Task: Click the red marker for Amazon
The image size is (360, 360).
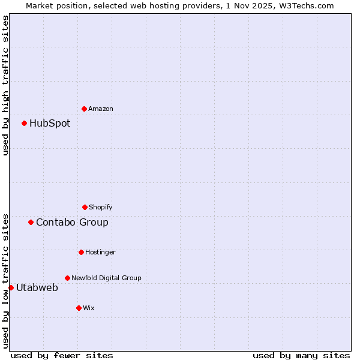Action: pyautogui.click(x=84, y=109)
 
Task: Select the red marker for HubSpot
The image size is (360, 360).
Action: pyautogui.click(x=25, y=124)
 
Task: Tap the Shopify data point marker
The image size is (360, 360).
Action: pyautogui.click(x=85, y=207)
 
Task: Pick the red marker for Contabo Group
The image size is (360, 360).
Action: pyautogui.click(x=31, y=222)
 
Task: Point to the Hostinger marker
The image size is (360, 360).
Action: pyautogui.click(x=81, y=252)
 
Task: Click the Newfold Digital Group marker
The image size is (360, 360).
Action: pyautogui.click(x=67, y=278)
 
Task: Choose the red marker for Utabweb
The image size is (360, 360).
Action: pyautogui.click(x=11, y=287)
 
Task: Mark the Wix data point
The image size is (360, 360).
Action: pyautogui.click(x=79, y=308)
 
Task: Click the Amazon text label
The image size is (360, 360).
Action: pyautogui.click(x=101, y=109)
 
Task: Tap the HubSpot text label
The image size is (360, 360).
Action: pyautogui.click(x=50, y=124)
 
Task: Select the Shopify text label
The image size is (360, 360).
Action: pyautogui.click(x=101, y=207)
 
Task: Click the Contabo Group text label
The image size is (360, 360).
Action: pyautogui.click(x=72, y=222)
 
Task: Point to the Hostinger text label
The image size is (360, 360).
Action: pyautogui.click(x=100, y=252)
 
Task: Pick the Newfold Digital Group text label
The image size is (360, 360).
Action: pyautogui.click(x=106, y=278)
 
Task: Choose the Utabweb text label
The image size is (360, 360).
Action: pyautogui.click(x=37, y=287)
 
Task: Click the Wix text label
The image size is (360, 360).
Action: pyautogui.click(x=89, y=308)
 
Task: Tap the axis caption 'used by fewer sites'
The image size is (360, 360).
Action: pyautogui.click(x=62, y=355)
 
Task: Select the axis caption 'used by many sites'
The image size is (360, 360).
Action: pyautogui.click(x=301, y=355)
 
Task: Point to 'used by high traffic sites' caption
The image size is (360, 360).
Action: pyautogui.click(x=5, y=85)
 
